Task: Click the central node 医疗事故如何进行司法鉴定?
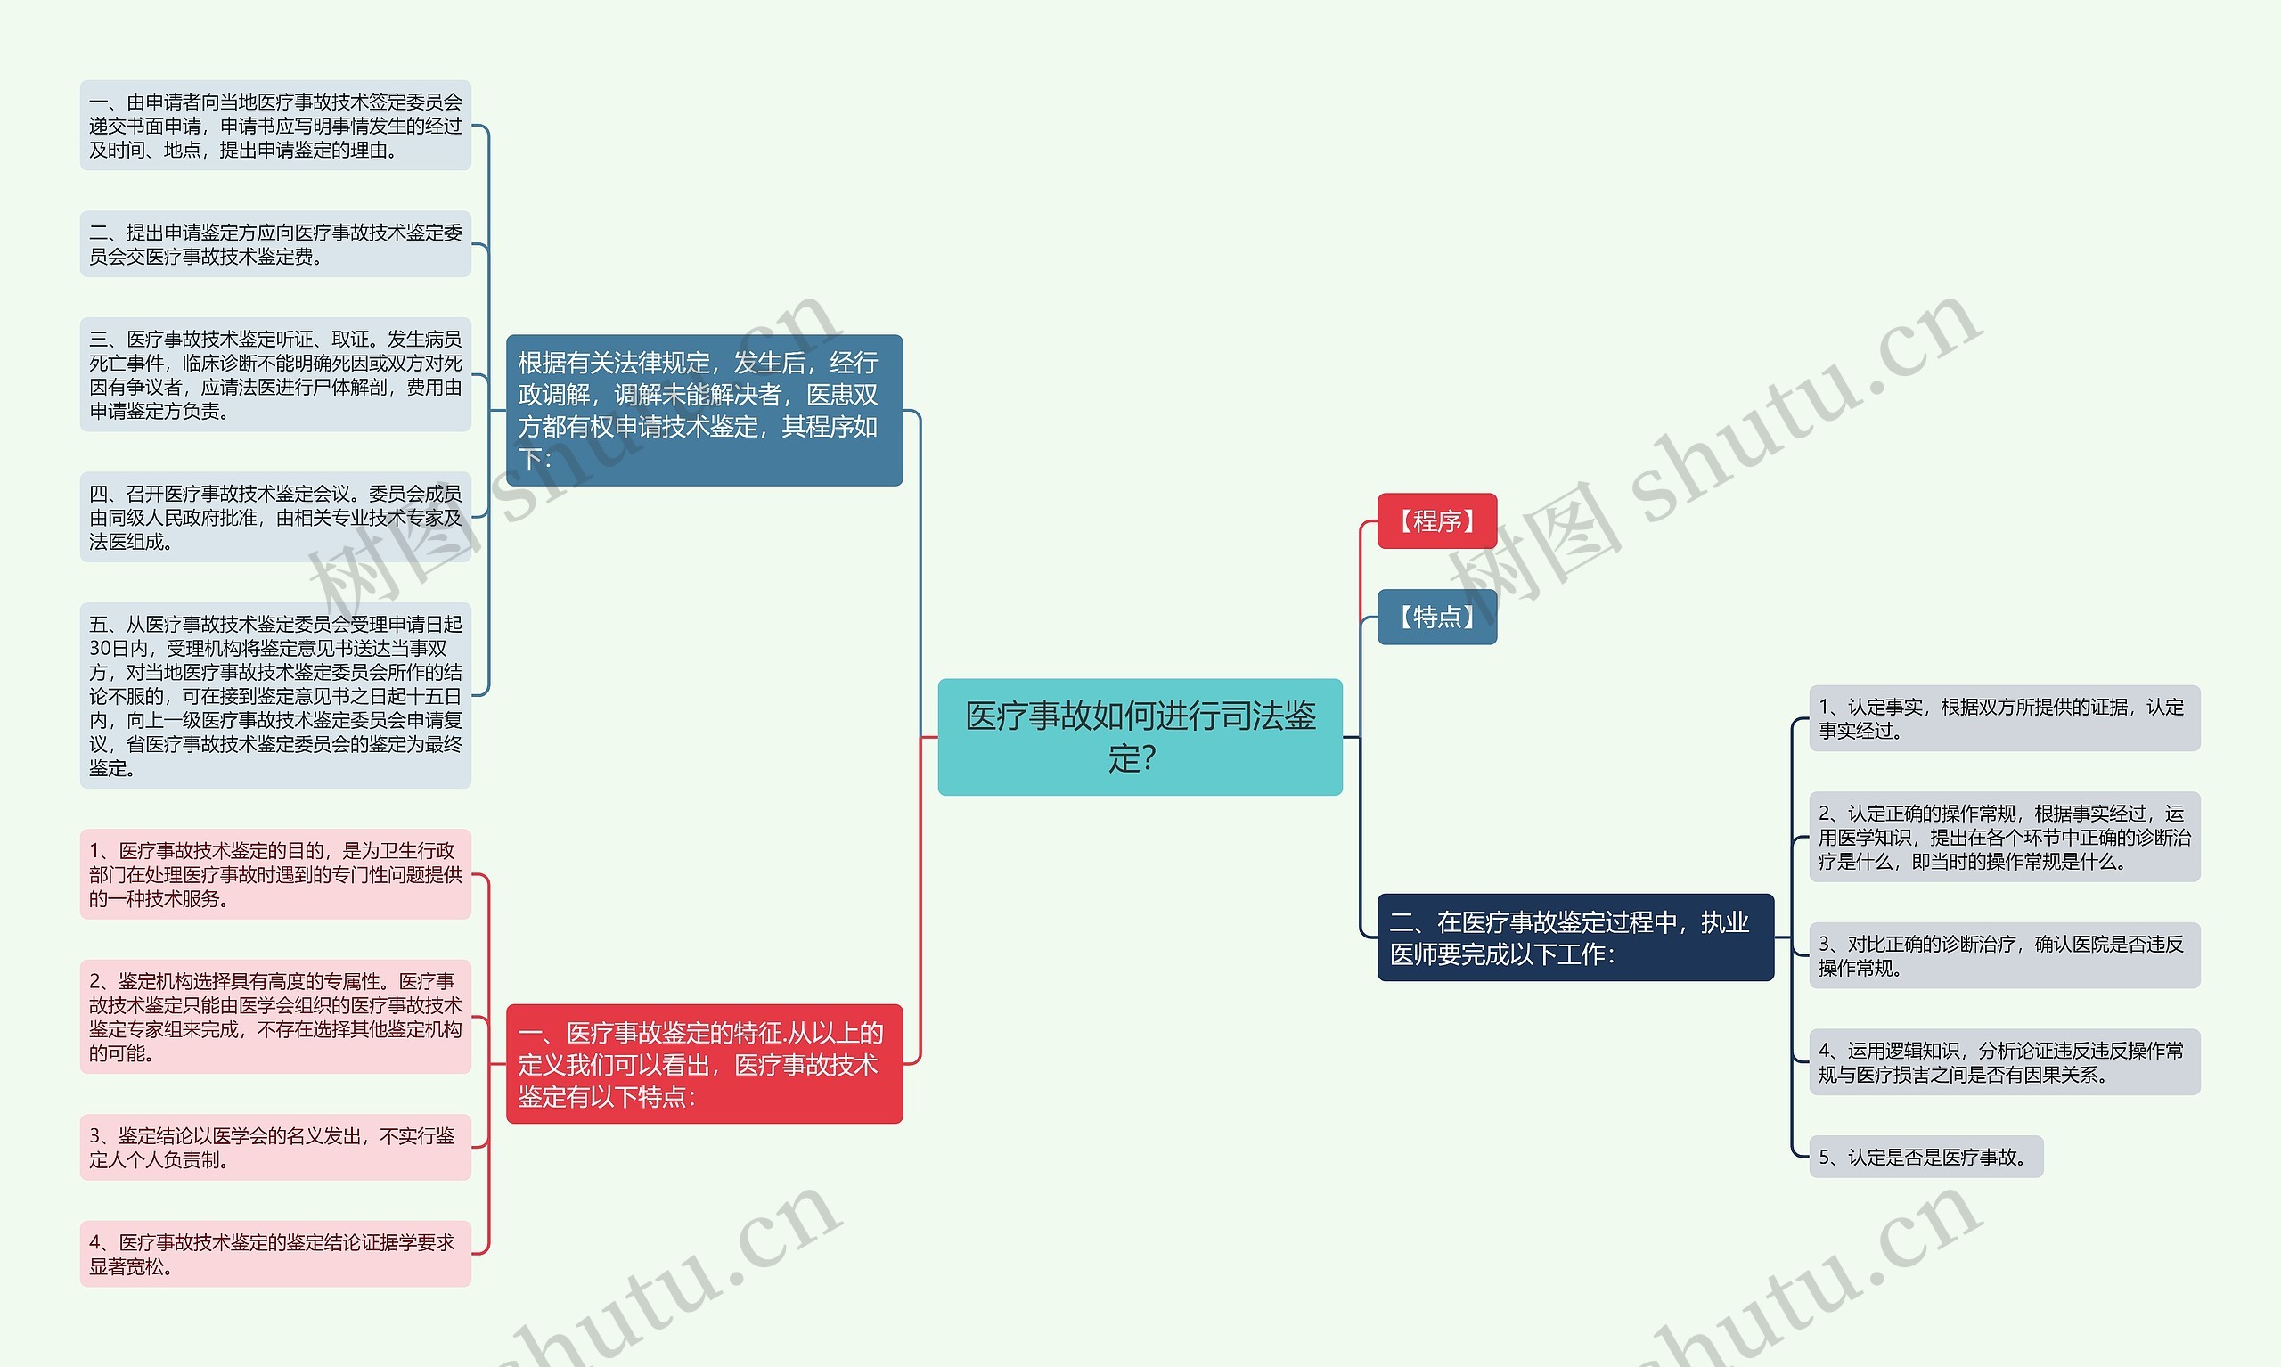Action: pos(1139,736)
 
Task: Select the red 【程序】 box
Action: pos(1435,520)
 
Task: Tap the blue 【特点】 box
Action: pos(1435,617)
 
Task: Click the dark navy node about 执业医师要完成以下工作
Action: pos(1574,937)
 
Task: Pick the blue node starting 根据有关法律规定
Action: pos(704,410)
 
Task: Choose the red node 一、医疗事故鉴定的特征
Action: pos(704,1063)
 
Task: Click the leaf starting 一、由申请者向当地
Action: pos(275,126)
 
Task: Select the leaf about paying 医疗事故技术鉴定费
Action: pos(275,244)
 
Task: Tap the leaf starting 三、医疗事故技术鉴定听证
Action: pos(275,374)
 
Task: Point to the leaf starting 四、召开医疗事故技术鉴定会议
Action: pos(275,517)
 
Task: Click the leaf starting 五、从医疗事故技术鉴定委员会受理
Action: pos(275,694)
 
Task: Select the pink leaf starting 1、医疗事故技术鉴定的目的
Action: pos(275,873)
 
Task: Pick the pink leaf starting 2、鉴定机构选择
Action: pos(275,1016)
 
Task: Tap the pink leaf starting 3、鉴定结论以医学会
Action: pos(275,1147)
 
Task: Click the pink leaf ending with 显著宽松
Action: pos(275,1254)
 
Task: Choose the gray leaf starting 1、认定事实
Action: pos(2003,718)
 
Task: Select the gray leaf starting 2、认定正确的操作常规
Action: pos(2003,837)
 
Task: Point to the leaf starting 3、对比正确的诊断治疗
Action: pos(2003,955)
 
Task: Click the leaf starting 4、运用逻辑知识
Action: pos(2003,1062)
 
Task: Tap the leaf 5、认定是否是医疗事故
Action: pos(1925,1157)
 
